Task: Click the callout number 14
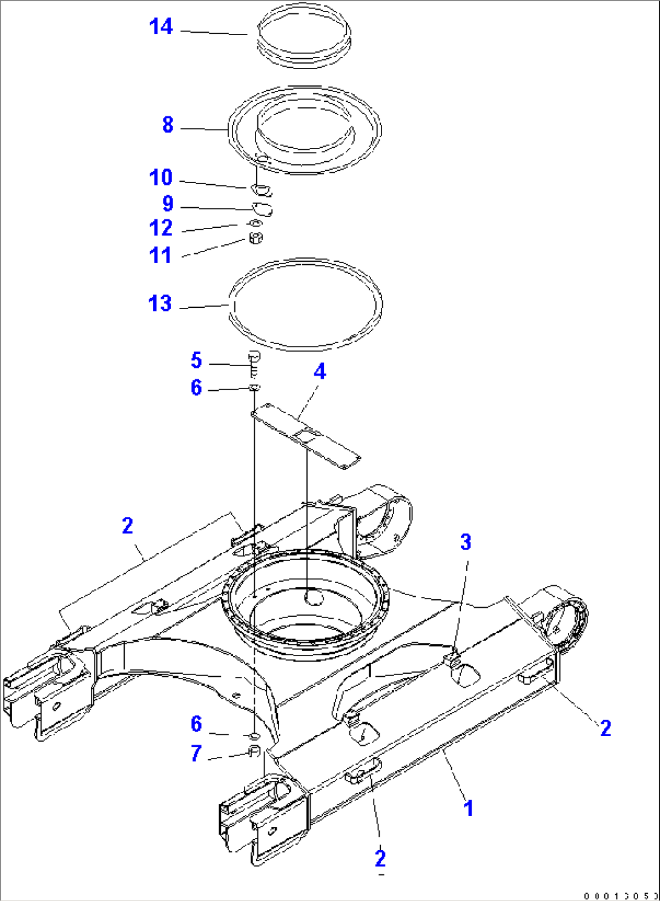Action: (x=161, y=27)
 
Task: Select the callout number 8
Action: (x=168, y=125)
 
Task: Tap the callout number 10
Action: (x=161, y=178)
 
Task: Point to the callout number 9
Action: (x=168, y=204)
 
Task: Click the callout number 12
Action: (x=161, y=228)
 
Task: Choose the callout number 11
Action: (x=161, y=255)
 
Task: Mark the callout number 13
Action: (x=160, y=304)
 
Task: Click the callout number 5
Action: (x=196, y=360)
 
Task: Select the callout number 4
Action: (x=320, y=371)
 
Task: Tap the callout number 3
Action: (x=465, y=542)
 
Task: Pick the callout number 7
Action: (x=196, y=753)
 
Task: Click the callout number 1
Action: (x=468, y=808)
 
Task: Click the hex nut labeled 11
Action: (x=256, y=238)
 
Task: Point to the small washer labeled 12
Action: (x=254, y=224)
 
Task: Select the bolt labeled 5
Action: (x=254, y=361)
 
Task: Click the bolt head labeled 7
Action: (x=255, y=752)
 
